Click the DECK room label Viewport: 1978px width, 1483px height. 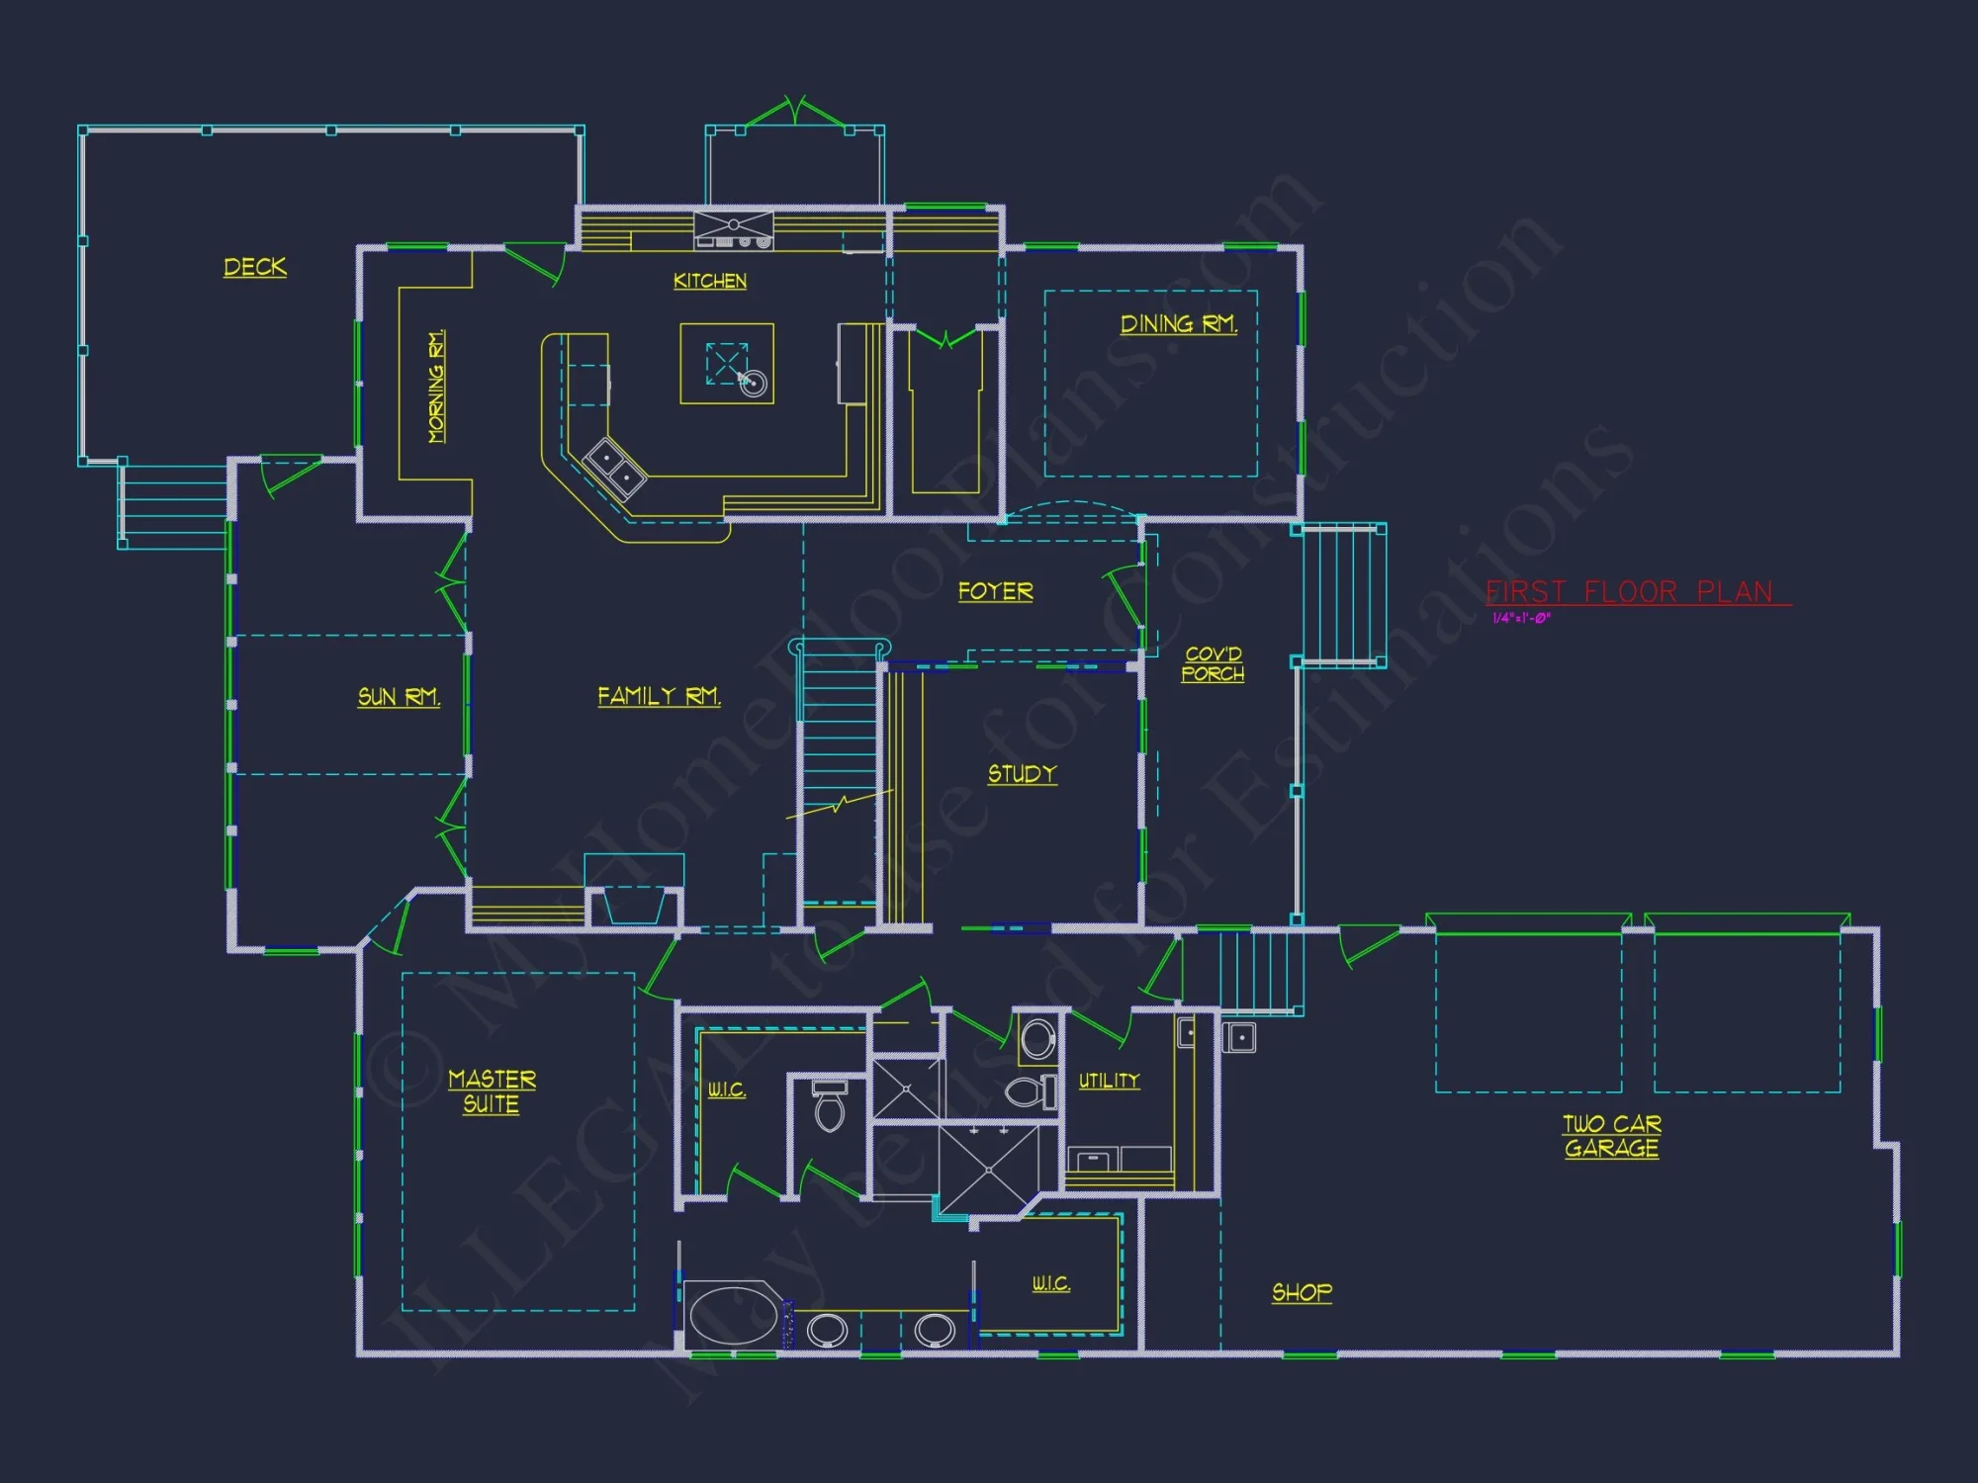click(255, 267)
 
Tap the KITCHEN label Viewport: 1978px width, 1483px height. click(710, 281)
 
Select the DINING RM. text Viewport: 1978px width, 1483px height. click(1178, 324)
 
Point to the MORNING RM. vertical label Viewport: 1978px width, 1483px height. click(436, 387)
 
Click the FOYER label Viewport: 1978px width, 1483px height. click(995, 591)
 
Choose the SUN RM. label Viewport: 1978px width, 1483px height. click(399, 697)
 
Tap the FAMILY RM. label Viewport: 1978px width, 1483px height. click(659, 696)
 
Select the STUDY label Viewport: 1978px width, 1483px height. click(1023, 774)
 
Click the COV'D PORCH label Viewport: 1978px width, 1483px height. click(1214, 664)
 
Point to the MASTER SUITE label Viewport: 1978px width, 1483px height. click(492, 1091)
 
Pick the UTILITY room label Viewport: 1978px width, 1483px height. click(1109, 1081)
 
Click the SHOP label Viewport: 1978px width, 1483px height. click(1302, 1292)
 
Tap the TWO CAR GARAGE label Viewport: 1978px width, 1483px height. click(1612, 1136)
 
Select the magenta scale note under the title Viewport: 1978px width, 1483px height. click(1521, 618)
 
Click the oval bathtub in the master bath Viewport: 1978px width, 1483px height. click(732, 1314)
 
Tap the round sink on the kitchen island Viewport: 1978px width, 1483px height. click(754, 383)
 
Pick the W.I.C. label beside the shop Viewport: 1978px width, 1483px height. click(1051, 1283)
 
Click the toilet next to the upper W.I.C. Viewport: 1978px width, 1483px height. click(829, 1104)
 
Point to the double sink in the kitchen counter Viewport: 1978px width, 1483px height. click(615, 469)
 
